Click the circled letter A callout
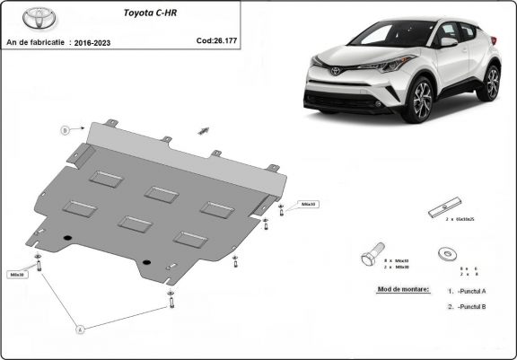(x=79, y=329)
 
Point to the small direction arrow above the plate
(x=204, y=130)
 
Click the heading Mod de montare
(x=399, y=290)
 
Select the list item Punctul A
(x=469, y=291)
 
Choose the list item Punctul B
(x=469, y=307)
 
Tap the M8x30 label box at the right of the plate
(x=307, y=204)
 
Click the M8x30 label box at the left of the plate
(x=18, y=275)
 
